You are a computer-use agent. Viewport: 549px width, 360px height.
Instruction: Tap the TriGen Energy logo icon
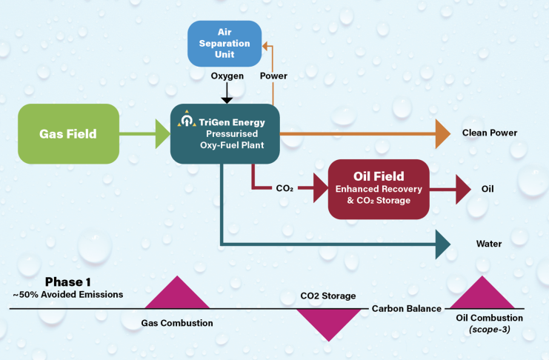(x=186, y=118)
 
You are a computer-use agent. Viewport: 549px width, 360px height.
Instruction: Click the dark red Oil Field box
(x=378, y=189)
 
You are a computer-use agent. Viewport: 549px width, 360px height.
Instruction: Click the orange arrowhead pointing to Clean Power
(x=442, y=133)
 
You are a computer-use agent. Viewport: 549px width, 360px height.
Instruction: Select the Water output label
(x=489, y=244)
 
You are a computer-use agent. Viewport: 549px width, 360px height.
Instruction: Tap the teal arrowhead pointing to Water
(x=443, y=244)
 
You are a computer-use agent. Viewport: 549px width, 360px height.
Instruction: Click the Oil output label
(x=487, y=189)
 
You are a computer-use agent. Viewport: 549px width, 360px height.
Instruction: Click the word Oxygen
(x=227, y=76)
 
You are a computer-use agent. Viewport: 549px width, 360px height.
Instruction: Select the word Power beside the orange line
(x=273, y=76)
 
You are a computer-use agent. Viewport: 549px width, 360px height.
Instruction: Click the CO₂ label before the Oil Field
(x=285, y=189)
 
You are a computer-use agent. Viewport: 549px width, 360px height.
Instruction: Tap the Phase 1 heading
(x=67, y=281)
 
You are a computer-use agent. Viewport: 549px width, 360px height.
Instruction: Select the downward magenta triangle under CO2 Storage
(x=326, y=324)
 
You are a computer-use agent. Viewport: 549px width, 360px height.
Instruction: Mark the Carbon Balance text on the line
(x=407, y=308)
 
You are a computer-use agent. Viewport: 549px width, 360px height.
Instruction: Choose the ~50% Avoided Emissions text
(x=67, y=294)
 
